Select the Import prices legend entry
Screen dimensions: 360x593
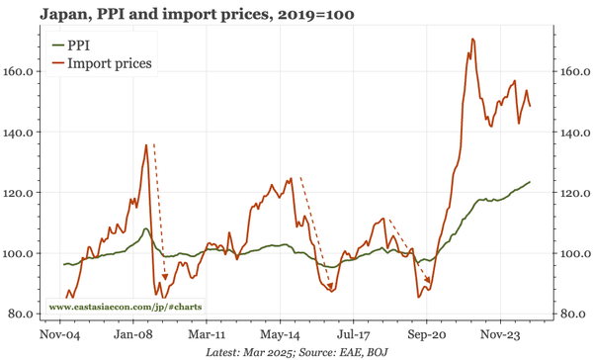[108, 63]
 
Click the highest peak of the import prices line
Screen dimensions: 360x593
[473, 40]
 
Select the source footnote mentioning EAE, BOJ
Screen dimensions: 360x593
[296, 352]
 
